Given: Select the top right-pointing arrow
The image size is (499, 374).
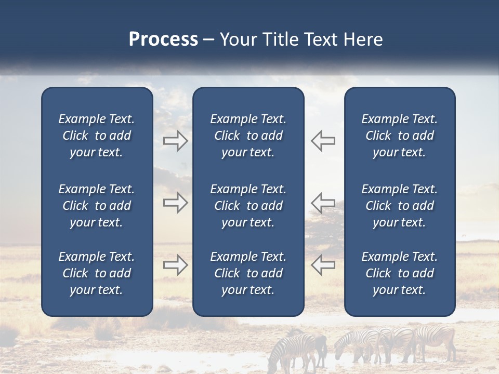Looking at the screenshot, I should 175,141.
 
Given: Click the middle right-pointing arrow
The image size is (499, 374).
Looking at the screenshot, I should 175,203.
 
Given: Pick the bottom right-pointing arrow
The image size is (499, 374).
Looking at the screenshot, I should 175,265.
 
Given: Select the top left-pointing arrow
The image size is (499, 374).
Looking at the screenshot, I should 323,141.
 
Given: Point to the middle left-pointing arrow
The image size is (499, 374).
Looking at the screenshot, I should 323,203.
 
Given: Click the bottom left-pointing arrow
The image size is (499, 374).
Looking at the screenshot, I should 323,265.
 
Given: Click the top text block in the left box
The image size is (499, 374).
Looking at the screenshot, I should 97,136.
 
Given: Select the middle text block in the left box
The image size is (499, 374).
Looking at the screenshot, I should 97,206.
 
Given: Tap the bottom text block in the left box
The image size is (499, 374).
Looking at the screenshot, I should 97,273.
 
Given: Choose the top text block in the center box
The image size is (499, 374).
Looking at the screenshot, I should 248,136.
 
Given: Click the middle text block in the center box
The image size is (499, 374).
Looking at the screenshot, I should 248,206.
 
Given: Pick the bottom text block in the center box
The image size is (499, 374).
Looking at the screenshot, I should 248,273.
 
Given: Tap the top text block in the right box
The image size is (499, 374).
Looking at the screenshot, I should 399,136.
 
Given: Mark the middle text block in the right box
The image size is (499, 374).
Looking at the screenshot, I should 399,206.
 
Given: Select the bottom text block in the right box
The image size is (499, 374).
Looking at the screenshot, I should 399,273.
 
